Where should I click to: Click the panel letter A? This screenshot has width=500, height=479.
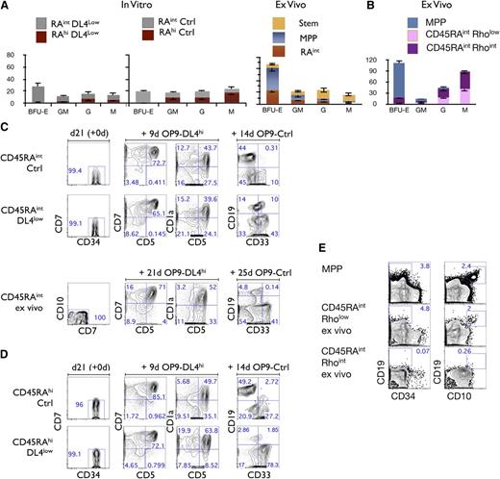point(5,7)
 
